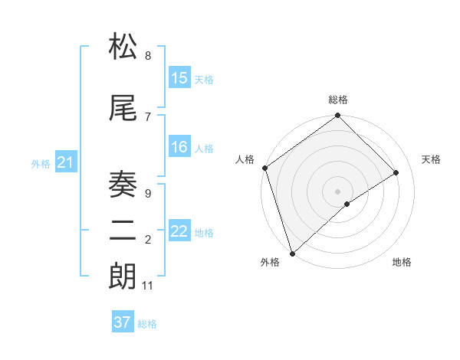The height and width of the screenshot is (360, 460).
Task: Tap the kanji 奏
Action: point(123,185)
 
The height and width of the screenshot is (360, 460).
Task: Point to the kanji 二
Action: point(123,231)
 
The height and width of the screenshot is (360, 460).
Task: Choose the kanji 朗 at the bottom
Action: point(123,277)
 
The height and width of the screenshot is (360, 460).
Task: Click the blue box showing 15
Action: point(179,78)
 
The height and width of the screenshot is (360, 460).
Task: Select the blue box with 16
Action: point(179,147)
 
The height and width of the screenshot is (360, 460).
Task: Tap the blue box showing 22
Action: point(179,231)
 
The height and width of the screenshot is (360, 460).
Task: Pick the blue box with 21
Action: point(65,162)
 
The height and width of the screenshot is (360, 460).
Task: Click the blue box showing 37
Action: point(123,322)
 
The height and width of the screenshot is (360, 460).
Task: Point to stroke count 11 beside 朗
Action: point(148,286)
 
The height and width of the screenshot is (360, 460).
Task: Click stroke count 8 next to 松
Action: point(148,56)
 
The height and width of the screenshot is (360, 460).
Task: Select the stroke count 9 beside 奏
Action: point(148,194)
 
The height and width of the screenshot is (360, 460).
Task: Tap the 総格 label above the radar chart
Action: point(338,100)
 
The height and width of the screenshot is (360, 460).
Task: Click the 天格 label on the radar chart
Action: point(432,159)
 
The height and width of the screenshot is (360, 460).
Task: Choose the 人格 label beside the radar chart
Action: point(245,159)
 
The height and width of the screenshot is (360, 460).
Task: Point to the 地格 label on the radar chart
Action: point(402,263)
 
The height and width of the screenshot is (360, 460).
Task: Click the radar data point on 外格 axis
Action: point(292,253)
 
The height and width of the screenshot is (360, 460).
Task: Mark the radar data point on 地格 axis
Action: point(347,204)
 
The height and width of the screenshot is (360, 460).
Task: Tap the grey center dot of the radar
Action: point(338,191)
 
